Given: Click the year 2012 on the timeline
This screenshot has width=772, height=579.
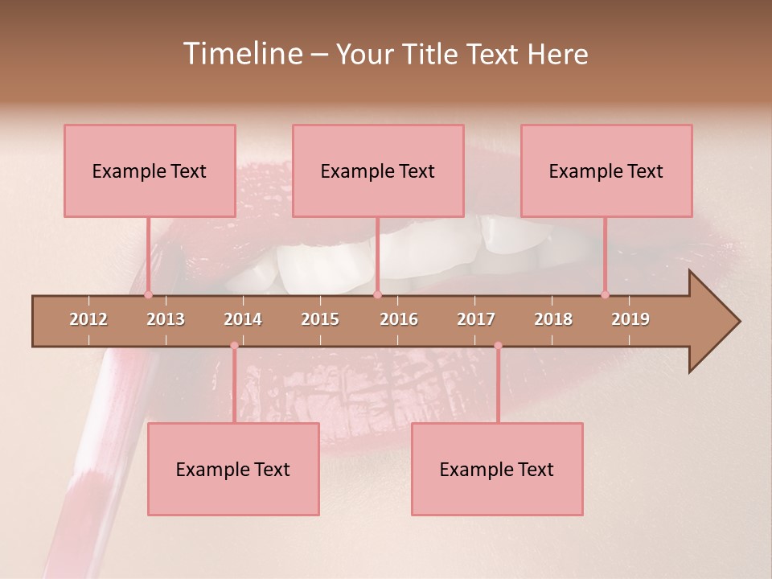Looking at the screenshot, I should pos(88,319).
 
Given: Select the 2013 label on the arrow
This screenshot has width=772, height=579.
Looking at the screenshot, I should pos(166,319).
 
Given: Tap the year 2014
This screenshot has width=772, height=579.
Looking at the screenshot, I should pos(243,319).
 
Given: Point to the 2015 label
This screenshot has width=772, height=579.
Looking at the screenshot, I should pos(320,319).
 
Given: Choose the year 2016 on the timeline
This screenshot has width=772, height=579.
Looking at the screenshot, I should pos(399,319).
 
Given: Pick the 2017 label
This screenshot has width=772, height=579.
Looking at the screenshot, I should pos(476,319).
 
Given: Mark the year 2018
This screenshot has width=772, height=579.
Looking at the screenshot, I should pos(553,319).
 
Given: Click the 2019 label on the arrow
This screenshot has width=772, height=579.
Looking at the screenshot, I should pos(630,319).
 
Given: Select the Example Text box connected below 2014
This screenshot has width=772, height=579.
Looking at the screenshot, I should pos(233,469).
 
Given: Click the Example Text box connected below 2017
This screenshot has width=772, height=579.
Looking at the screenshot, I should pos(497,469).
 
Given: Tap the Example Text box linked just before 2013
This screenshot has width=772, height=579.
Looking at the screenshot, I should pos(150,170).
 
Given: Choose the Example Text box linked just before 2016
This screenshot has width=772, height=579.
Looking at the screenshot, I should pos(378,170).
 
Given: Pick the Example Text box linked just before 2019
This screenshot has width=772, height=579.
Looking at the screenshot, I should pos(606,170).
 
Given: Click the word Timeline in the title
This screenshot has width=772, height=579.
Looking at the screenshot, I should pos(242,54).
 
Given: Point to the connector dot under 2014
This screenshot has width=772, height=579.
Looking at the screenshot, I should pos(234,346).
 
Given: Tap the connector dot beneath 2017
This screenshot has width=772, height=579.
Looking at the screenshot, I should pos(498,346).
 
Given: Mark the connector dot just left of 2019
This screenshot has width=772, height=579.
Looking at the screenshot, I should pos(605,294).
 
